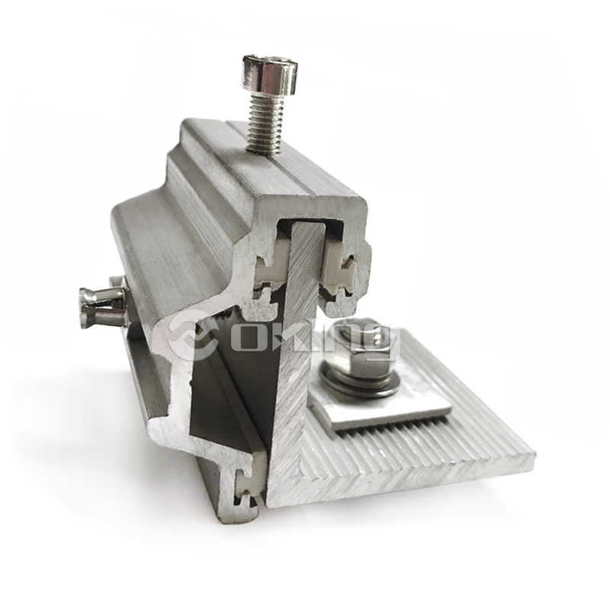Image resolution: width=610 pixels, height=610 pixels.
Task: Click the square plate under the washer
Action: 381,412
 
